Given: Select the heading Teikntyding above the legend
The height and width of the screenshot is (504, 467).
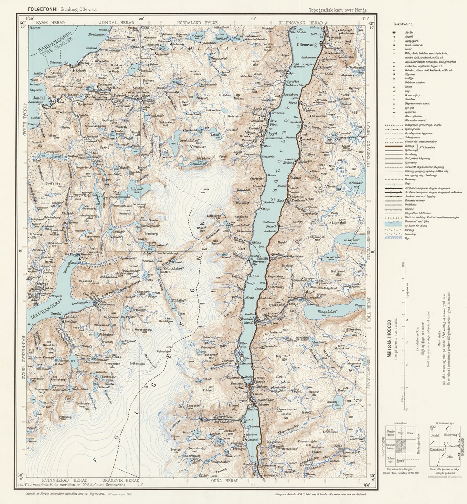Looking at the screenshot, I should [x=403, y=24].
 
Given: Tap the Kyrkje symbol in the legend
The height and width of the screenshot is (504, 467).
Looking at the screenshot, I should [x=394, y=33].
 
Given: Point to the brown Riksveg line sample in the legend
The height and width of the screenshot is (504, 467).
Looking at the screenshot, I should [x=394, y=146].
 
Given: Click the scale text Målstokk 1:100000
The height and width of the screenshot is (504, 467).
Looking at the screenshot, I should [x=390, y=336].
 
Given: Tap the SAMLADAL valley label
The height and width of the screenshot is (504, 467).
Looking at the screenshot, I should [x=205, y=48].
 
